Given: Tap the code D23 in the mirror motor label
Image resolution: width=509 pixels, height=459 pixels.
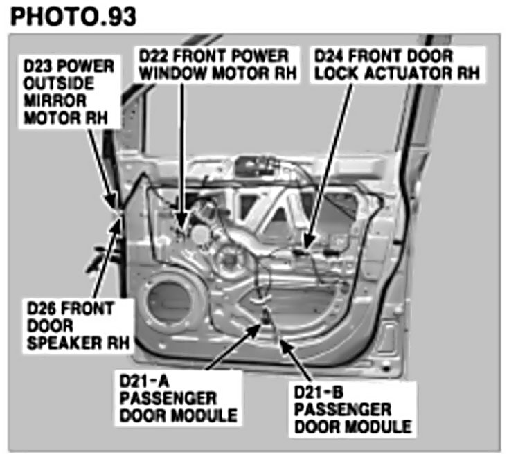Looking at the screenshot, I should click(39, 66).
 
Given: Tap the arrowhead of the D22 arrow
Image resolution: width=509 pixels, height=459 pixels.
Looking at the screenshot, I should click(182, 226).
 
